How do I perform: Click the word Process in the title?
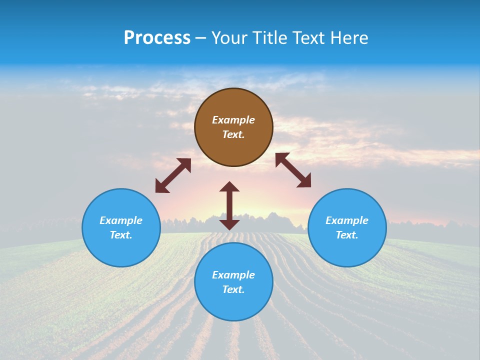[x=157, y=38]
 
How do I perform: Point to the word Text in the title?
[x=310, y=38]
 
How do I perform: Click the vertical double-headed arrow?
[x=229, y=205]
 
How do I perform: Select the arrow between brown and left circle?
[x=173, y=175]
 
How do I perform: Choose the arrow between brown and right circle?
[x=293, y=170]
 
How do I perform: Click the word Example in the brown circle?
[x=233, y=120]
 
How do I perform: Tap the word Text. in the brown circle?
[x=233, y=134]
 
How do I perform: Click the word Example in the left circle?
[x=121, y=220]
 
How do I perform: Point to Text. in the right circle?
[x=347, y=235]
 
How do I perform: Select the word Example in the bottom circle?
[x=233, y=275]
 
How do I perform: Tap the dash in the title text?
[x=201, y=38]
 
